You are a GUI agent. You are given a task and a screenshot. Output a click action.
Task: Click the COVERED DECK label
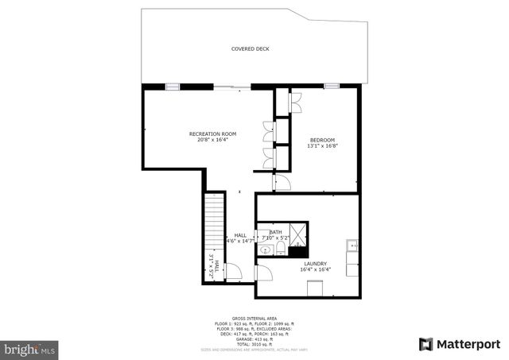tap(250, 49)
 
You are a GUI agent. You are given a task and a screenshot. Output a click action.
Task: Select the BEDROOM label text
tap(321, 139)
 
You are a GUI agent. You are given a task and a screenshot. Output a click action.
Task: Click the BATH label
tap(275, 231)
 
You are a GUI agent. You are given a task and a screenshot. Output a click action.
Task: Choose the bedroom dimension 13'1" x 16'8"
tap(321, 145)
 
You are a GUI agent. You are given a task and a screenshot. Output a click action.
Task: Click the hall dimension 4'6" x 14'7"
tap(240, 241)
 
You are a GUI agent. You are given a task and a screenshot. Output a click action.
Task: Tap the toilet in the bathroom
tap(281, 250)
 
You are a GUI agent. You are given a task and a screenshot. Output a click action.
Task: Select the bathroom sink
tap(265, 250)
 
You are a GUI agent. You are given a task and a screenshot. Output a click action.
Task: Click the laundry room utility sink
tap(352, 246)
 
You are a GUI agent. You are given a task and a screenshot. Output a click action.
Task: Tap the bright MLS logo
tap(29, 348)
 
